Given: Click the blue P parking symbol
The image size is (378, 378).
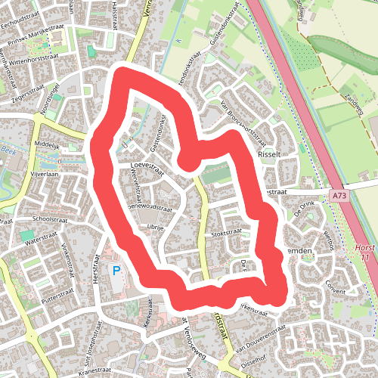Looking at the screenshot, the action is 116,270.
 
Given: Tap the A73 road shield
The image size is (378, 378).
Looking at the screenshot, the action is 342,195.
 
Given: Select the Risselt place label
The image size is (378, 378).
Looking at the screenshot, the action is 269,153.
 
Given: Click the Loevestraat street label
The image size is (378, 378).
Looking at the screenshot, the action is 147,163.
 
